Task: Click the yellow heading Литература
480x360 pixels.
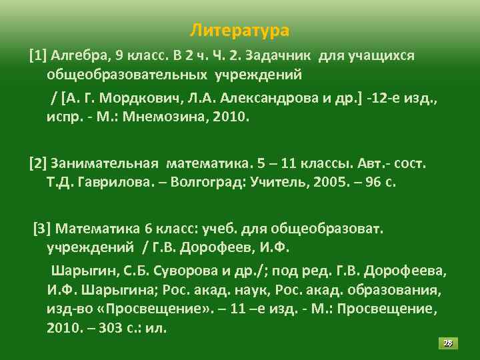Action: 239,31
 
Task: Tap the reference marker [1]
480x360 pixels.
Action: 37,55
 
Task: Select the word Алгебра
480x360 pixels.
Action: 77,55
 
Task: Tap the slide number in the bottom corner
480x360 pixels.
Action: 448,343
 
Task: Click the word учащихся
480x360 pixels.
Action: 381,55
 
